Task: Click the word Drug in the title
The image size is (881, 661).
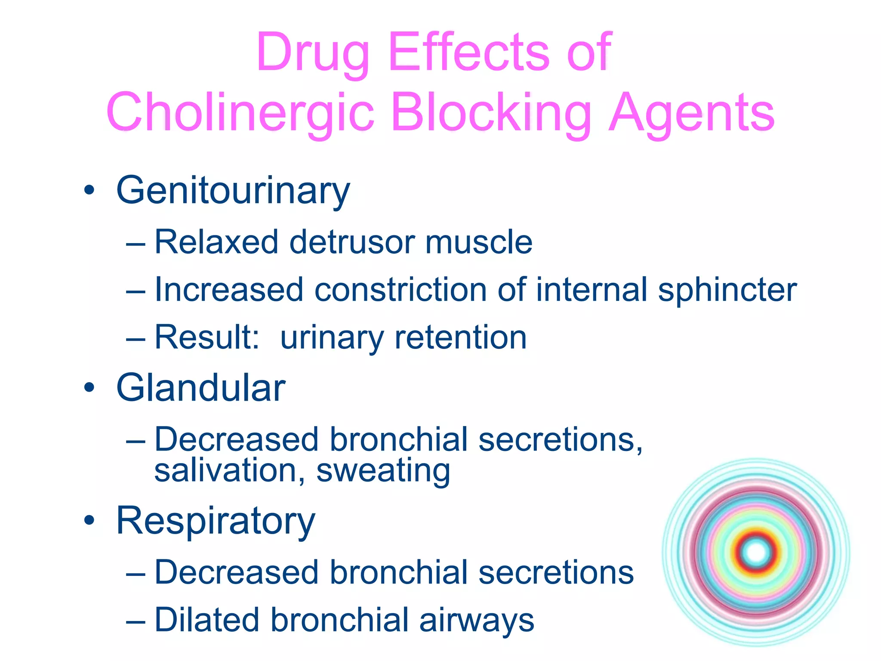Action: [x=313, y=53]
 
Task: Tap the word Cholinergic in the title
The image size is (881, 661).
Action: [x=240, y=113]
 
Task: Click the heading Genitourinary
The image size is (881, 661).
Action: [x=233, y=191]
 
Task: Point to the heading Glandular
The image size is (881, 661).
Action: [x=200, y=388]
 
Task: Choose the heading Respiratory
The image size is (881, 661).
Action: [x=216, y=521]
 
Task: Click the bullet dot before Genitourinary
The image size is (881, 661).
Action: [x=89, y=191]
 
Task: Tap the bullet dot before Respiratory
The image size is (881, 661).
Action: [x=89, y=521]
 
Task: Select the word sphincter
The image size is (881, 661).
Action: [x=727, y=290]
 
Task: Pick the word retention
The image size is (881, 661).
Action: [x=461, y=337]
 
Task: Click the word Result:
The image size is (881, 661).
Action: [x=207, y=337]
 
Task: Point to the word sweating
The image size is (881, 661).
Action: [x=383, y=471]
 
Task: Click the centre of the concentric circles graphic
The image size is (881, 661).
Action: [x=756, y=552]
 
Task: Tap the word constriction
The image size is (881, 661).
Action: [x=400, y=290]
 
